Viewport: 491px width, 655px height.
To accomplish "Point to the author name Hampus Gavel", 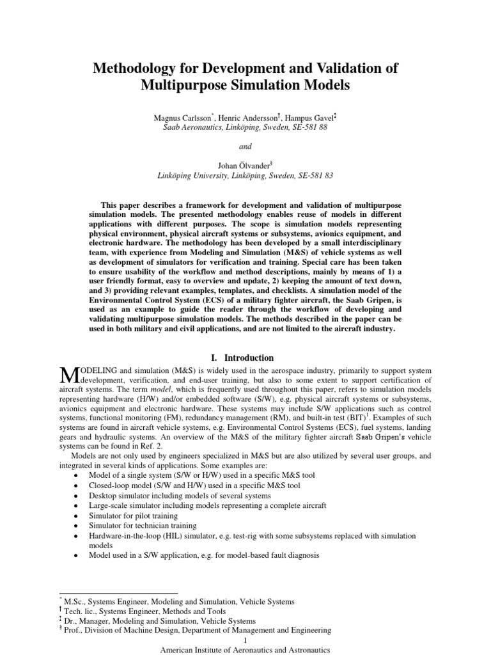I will click(x=294, y=119).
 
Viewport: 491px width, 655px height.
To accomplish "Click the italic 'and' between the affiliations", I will click(x=245, y=146).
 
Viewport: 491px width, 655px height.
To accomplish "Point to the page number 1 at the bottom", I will click(x=245, y=640).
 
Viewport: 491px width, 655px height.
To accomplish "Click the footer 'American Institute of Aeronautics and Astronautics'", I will click(x=245, y=649).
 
